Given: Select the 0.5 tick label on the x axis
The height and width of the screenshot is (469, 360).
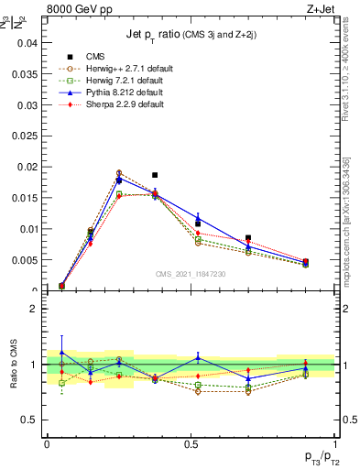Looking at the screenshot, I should click(191, 443).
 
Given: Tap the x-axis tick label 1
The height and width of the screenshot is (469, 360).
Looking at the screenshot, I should click(335, 443).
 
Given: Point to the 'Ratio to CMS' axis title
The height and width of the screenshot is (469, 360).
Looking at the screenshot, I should click(13, 365).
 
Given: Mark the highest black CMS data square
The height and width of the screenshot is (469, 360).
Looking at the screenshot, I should click(155, 175).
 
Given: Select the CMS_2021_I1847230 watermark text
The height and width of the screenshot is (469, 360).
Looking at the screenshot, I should click(191, 275).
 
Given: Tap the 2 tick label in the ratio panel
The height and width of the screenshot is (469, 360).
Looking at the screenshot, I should click(34, 310).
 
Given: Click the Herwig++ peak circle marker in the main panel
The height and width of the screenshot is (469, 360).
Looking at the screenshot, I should click(119, 172).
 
